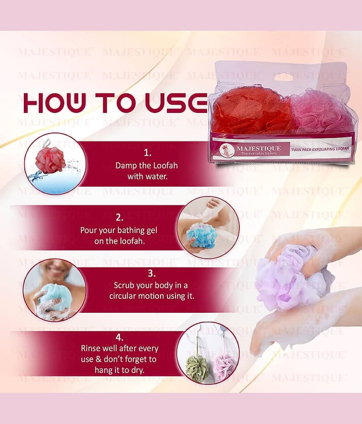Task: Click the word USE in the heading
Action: pos(176,103)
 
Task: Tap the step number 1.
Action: pos(147,153)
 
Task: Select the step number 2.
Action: pos(119,217)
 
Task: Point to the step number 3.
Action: pos(152,273)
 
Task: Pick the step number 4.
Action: pos(119,338)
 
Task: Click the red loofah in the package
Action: pos(251,110)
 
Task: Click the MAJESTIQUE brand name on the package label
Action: pos(259,148)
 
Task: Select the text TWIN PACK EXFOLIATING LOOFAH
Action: pos(320,149)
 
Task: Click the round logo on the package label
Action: pos(226,150)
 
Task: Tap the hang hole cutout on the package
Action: pos(287,77)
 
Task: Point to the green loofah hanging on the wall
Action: pos(197,368)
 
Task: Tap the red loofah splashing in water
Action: pos(50,160)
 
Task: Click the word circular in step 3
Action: pos(123,296)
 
